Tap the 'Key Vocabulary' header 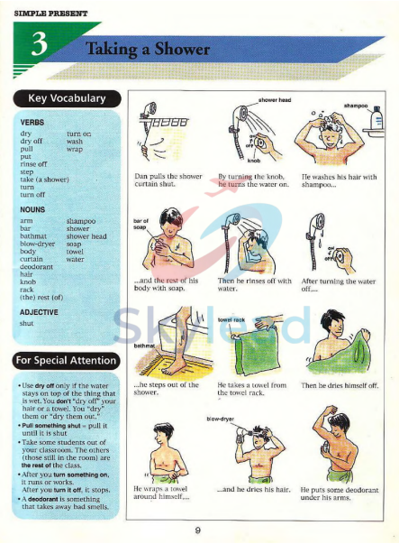(x=67, y=98)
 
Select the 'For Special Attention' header (x=66, y=361)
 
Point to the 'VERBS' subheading (x=32, y=121)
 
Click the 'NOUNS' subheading (x=33, y=208)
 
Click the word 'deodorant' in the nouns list (x=37, y=267)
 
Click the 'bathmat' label (x=145, y=346)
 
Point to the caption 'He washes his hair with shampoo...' (x=339, y=180)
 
